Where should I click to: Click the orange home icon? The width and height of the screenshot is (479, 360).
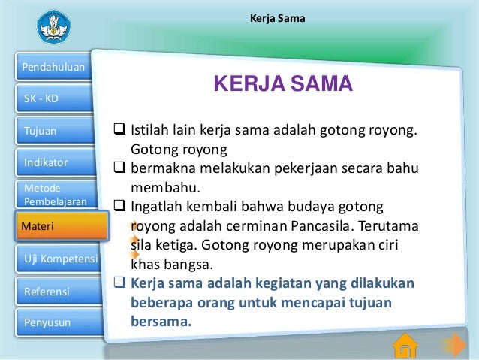click(405, 345)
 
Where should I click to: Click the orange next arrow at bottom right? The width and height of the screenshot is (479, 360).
click(453, 345)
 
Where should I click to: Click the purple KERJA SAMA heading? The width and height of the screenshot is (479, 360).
click(282, 85)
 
